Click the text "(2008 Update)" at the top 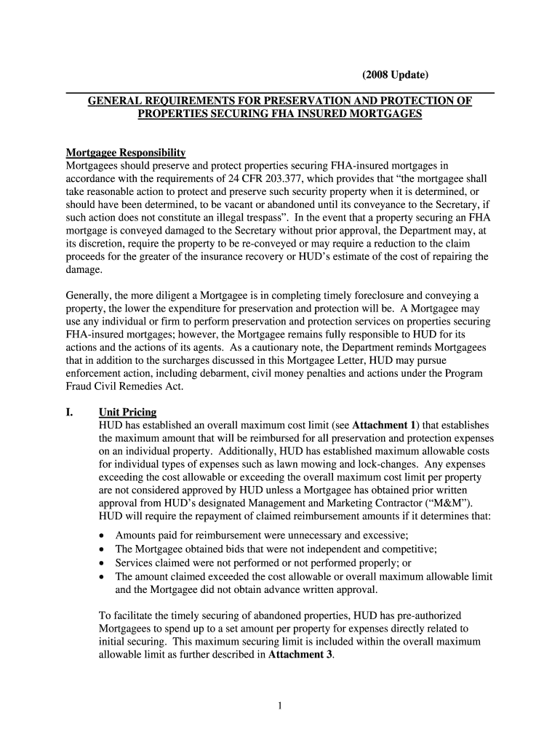point(396,75)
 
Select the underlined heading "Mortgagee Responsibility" point(126,153)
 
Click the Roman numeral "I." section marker point(70,413)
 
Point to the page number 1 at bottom point(280,704)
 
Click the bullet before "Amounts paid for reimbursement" point(102,536)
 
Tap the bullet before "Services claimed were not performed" point(102,563)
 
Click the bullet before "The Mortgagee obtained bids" point(102,550)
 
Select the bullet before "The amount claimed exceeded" point(102,577)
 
